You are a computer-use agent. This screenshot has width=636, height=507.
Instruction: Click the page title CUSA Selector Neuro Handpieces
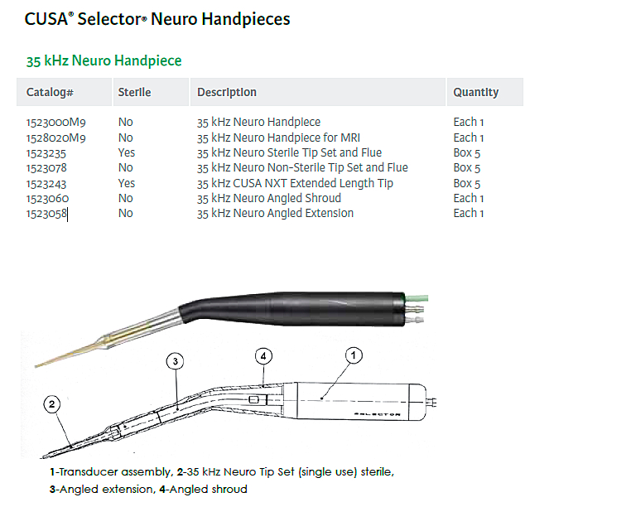157,18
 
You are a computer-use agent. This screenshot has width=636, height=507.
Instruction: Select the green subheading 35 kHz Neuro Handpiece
104,60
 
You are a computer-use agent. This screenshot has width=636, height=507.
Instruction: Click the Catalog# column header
50,93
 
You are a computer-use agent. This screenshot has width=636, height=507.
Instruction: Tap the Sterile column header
134,93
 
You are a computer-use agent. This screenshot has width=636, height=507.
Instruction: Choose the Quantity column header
475,93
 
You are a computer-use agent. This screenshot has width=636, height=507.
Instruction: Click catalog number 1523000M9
56,122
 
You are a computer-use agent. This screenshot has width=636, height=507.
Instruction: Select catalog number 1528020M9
56,138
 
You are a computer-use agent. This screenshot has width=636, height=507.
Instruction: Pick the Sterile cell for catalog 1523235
127,152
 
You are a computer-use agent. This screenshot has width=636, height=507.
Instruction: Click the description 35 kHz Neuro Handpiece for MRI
278,138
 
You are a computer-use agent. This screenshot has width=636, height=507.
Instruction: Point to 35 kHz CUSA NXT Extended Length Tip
295,183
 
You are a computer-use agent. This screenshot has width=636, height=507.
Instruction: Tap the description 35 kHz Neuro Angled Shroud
268,198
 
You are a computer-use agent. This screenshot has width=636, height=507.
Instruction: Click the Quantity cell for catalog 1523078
467,167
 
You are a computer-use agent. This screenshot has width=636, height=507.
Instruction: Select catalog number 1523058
46,213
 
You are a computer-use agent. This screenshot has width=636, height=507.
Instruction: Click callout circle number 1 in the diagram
354,356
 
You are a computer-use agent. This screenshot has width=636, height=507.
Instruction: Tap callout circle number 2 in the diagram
52,404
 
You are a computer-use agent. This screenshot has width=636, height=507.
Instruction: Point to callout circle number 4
263,356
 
